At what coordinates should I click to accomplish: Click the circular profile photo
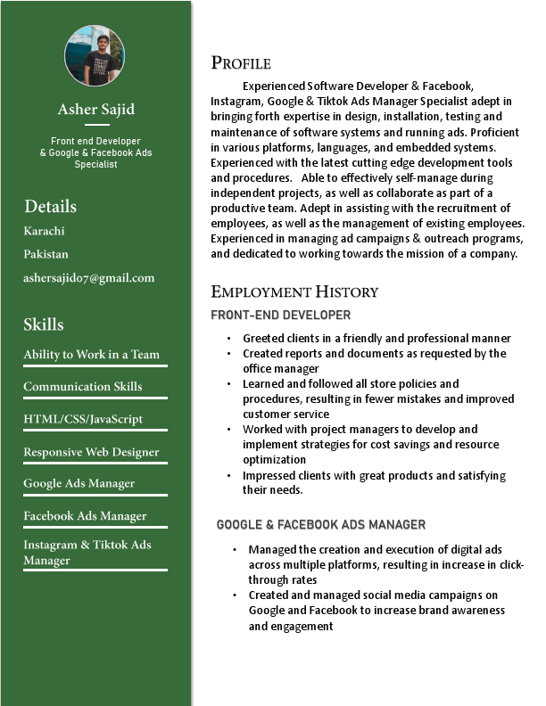pyautogui.click(x=95, y=55)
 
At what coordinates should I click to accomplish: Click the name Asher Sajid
pyautogui.click(x=96, y=110)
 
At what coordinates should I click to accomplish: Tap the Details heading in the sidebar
pyautogui.click(x=50, y=207)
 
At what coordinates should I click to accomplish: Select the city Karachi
pyautogui.click(x=45, y=231)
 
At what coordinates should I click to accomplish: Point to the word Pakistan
pyautogui.click(x=45, y=254)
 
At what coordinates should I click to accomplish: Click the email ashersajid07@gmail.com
pyautogui.click(x=89, y=278)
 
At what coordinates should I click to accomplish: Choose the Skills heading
pyautogui.click(x=44, y=324)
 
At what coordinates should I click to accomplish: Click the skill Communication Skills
pyautogui.click(x=83, y=387)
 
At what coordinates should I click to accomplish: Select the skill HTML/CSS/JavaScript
pyautogui.click(x=83, y=419)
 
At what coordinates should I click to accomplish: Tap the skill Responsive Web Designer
pyautogui.click(x=91, y=452)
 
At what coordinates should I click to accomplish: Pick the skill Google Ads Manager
pyautogui.click(x=79, y=484)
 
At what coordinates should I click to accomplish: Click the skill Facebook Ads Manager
pyautogui.click(x=85, y=516)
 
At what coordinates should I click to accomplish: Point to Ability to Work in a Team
pyautogui.click(x=91, y=355)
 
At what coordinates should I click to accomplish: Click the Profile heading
pyautogui.click(x=241, y=62)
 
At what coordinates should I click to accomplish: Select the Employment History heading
pyautogui.click(x=294, y=292)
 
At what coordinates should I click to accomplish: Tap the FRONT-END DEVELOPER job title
pyautogui.click(x=280, y=315)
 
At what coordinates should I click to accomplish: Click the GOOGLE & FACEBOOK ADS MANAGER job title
pyautogui.click(x=321, y=525)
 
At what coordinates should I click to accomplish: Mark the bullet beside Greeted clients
pyautogui.click(x=229, y=339)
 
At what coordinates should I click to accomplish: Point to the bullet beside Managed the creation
pyautogui.click(x=235, y=550)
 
